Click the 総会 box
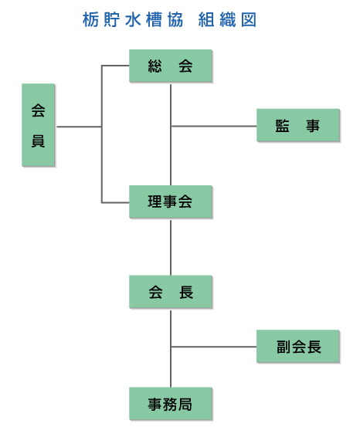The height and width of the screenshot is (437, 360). [x=171, y=66]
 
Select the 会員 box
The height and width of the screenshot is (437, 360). [x=38, y=125]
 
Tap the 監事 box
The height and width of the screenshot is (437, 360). [x=298, y=125]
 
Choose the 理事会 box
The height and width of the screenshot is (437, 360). [x=171, y=202]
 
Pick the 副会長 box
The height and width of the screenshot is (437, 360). [x=298, y=347]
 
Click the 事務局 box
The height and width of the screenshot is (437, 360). [x=171, y=403]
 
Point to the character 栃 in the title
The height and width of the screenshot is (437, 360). [x=90, y=19]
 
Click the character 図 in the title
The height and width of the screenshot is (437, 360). [x=249, y=19]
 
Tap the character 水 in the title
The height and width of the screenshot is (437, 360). [x=133, y=19]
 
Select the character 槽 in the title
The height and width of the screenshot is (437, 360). [x=154, y=19]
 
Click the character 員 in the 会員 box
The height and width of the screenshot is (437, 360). [x=38, y=141]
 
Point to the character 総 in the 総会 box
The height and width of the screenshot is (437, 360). [x=155, y=66]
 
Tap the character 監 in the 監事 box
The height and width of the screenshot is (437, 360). [x=283, y=125]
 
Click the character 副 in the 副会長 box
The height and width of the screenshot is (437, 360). [x=284, y=347]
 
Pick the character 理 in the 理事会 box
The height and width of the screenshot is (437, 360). [x=155, y=202]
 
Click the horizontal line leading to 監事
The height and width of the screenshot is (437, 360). [x=214, y=127]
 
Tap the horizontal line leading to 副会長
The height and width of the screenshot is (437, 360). [x=214, y=347]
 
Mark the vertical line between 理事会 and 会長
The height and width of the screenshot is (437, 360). [x=171, y=248]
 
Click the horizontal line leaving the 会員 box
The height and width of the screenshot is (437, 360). [x=80, y=127]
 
